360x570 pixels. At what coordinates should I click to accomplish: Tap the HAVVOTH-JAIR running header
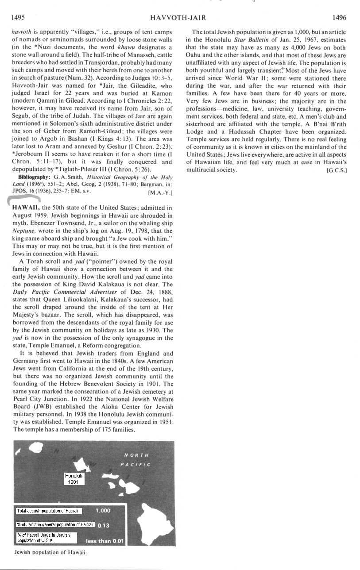pos(178,18)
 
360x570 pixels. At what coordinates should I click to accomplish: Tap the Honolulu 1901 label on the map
pos(74,479)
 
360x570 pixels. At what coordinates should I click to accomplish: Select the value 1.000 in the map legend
pos(103,511)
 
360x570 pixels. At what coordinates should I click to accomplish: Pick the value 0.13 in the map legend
pos(103,525)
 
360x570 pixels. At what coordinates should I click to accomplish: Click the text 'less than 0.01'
pos(105,541)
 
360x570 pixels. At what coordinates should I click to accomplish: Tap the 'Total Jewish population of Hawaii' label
pos(47,511)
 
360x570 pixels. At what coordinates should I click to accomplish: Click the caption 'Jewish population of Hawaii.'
pos(50,552)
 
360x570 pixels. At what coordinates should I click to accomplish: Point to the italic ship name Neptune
pos(25,231)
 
